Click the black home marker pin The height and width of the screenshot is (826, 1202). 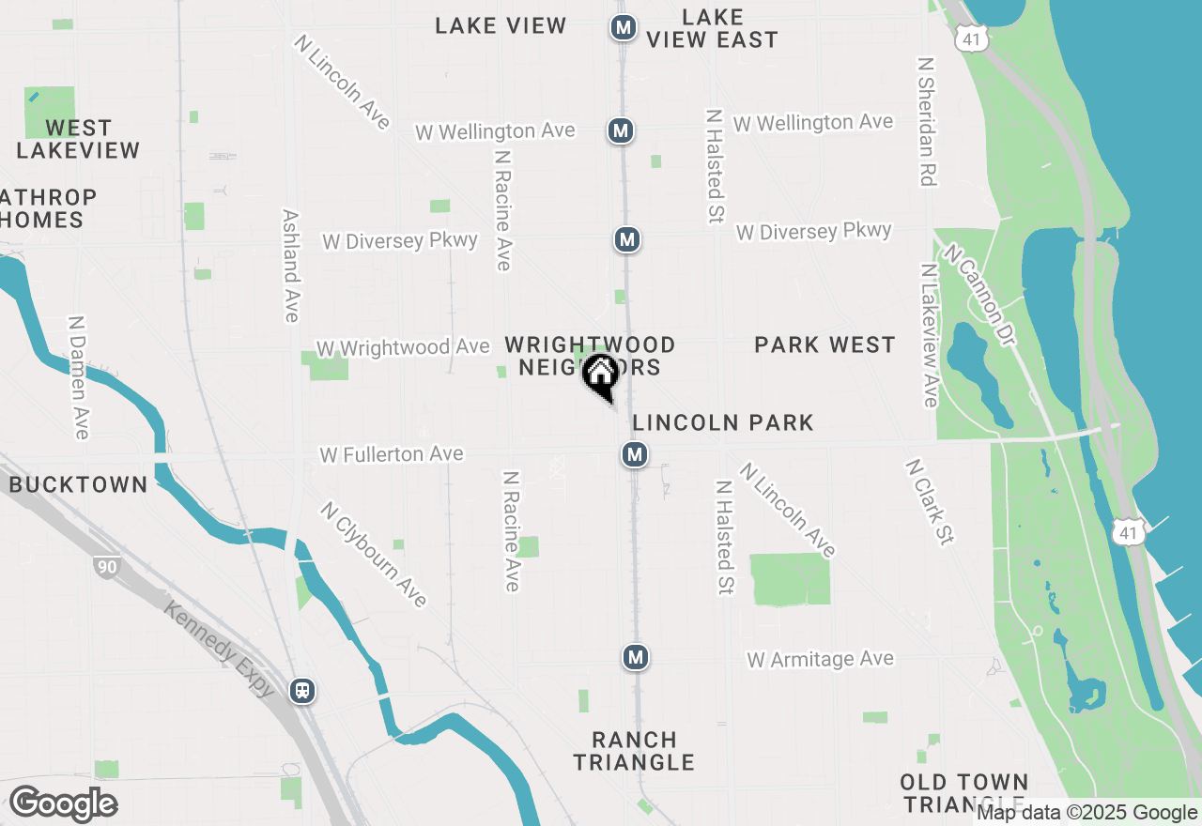click(x=600, y=376)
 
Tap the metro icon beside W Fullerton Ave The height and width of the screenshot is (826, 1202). click(x=636, y=455)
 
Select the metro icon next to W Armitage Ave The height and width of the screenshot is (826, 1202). click(x=636, y=657)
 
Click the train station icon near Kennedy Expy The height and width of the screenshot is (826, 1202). click(x=302, y=691)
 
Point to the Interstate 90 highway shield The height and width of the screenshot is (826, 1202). click(x=106, y=566)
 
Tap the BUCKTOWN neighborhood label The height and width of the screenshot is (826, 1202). click(x=79, y=484)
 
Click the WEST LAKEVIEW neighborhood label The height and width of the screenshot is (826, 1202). click(x=78, y=139)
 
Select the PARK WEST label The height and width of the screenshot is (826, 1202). click(x=824, y=345)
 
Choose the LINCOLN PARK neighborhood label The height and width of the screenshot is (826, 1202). click(x=723, y=422)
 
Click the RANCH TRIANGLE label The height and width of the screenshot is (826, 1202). click(x=634, y=751)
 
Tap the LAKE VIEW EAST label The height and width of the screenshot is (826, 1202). click(x=713, y=28)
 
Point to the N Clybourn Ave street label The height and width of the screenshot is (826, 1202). click(x=374, y=554)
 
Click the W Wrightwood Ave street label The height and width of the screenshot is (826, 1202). click(x=403, y=347)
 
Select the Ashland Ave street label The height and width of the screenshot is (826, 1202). click(x=290, y=266)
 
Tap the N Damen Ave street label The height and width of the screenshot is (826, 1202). click(x=79, y=375)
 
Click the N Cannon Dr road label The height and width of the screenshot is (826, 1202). click(x=982, y=296)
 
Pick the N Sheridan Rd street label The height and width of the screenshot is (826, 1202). click(x=928, y=121)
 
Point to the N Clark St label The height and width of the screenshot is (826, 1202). click(x=930, y=501)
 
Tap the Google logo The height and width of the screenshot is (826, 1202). click(x=63, y=803)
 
